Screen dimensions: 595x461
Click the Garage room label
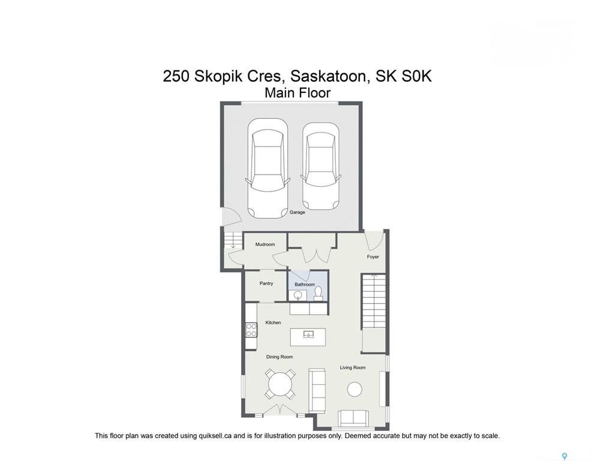pyautogui.click(x=297, y=212)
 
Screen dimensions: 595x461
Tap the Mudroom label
pyautogui.click(x=265, y=244)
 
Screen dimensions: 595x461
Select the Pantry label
pyautogui.click(x=266, y=283)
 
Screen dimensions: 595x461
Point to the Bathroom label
pyautogui.click(x=305, y=285)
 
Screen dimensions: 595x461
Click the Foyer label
pyautogui.click(x=373, y=257)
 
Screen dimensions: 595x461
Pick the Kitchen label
pyautogui.click(x=274, y=323)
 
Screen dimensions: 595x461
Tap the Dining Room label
pyautogui.click(x=280, y=357)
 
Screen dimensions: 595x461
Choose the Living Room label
pyautogui.click(x=353, y=367)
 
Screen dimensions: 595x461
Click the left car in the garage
pyautogui.click(x=268, y=168)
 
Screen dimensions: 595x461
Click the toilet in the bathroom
pyautogui.click(x=318, y=294)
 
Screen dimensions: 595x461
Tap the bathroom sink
pyautogui.click(x=298, y=295)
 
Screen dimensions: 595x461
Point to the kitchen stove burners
pyautogui.click(x=251, y=330)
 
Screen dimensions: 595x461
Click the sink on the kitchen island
pyautogui.click(x=308, y=334)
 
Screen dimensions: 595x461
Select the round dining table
pyautogui.click(x=280, y=384)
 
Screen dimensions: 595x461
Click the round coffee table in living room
pyautogui.click(x=354, y=389)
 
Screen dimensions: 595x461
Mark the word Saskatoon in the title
pyautogui.click(x=330, y=76)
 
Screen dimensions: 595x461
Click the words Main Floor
pyautogui.click(x=297, y=93)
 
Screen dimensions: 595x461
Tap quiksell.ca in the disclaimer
pyautogui.click(x=215, y=436)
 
